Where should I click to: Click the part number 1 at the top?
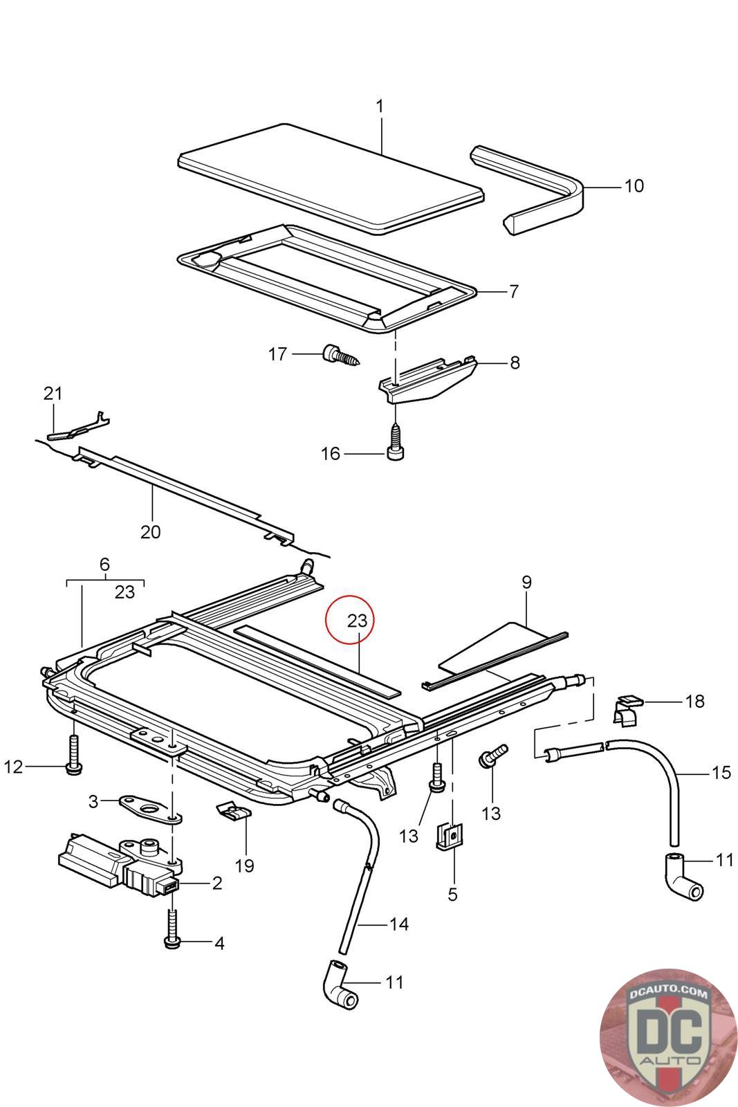[x=379, y=107]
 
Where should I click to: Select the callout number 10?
[x=633, y=185]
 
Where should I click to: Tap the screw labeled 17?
[x=340, y=356]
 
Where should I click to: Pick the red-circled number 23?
[x=356, y=620]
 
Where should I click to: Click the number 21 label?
[x=53, y=394]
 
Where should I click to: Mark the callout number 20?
[x=150, y=531]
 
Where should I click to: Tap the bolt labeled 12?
[x=73, y=754]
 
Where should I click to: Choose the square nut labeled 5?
[x=450, y=837]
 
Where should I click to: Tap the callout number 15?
[x=721, y=772]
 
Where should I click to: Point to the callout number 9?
[x=526, y=582]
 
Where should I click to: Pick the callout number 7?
[x=514, y=292]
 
